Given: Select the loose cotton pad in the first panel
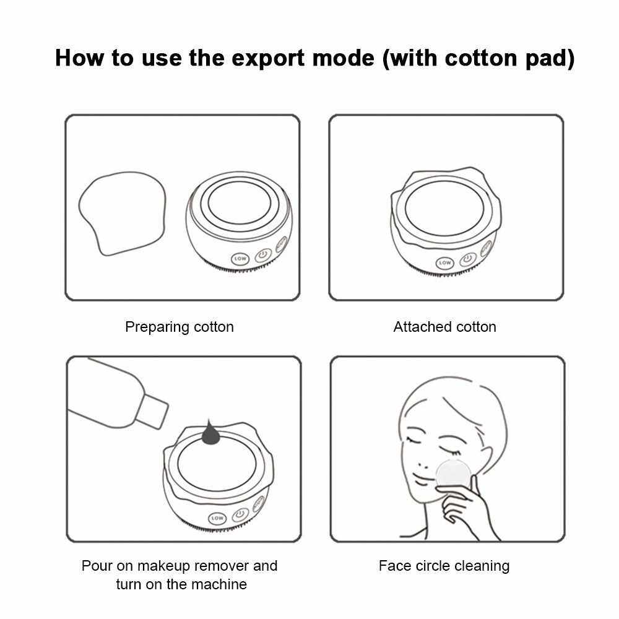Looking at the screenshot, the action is [x=123, y=213].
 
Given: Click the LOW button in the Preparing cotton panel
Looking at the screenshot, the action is [x=240, y=259].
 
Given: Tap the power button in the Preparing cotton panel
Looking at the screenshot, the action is [x=263, y=256].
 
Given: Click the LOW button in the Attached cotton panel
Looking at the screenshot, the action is [x=445, y=262].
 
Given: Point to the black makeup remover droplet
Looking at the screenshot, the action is [x=210, y=433].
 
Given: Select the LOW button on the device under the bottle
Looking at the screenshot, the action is [x=217, y=518].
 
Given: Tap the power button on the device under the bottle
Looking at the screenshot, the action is [x=240, y=514].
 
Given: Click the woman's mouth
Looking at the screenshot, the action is [x=421, y=481].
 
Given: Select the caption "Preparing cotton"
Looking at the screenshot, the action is [x=180, y=327].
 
